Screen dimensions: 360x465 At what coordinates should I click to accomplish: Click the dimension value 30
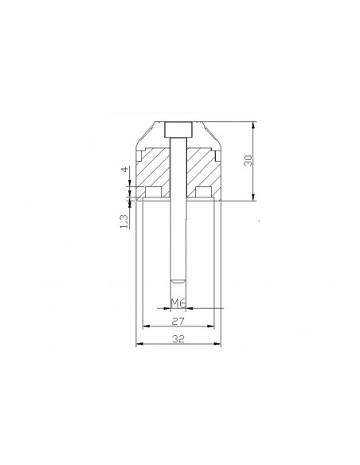pos(248,160)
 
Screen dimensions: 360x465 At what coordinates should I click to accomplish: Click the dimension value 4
pos(125,170)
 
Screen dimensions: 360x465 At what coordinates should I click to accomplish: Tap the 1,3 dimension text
pos(124,221)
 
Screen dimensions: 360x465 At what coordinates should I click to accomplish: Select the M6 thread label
pos(178,303)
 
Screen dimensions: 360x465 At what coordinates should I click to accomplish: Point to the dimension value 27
pos(178,321)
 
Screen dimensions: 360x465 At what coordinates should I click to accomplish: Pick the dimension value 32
pos(178,338)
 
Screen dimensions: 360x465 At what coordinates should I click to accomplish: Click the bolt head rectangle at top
pos(178,130)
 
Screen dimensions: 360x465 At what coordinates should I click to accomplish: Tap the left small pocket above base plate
pos(154,192)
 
